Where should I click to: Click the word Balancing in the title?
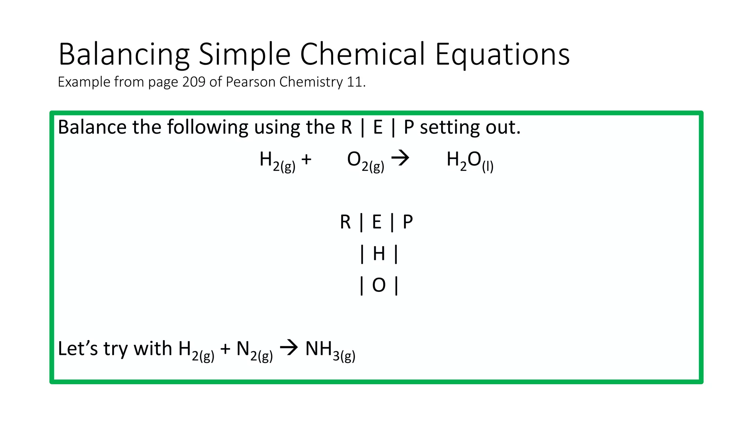tap(124, 54)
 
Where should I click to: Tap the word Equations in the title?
tap(502, 54)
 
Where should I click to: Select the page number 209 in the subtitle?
tap(193, 82)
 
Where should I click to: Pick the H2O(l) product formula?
tap(470, 161)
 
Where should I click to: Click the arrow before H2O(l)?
tap(400, 159)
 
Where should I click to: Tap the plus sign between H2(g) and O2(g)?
tap(306, 159)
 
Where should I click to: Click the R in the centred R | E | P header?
tap(345, 222)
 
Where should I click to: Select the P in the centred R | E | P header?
tap(408, 222)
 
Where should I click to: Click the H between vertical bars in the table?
tap(379, 254)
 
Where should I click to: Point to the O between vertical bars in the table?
tap(379, 285)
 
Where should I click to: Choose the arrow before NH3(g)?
tap(289, 348)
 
